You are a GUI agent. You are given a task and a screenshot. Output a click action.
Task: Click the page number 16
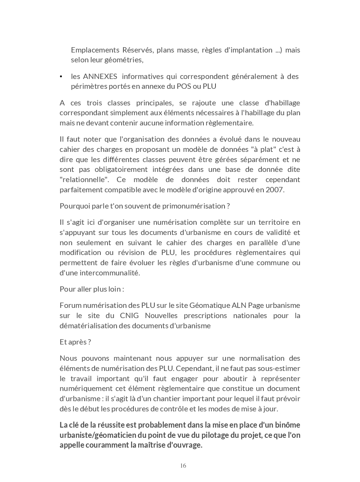click(x=183, y=465)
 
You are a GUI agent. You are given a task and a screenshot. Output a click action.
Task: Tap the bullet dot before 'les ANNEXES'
click(x=61, y=77)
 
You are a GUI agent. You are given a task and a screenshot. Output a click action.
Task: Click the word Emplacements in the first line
click(x=95, y=50)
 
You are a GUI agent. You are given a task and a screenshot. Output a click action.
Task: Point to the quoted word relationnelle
click(x=85, y=179)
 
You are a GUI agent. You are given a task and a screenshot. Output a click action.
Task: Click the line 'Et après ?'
click(x=75, y=342)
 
